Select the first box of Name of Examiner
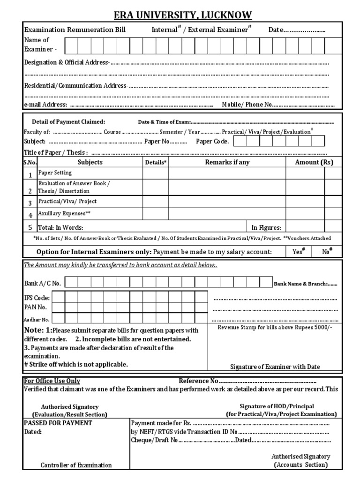[71, 46]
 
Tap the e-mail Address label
[45, 105]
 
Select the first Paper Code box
[240, 141]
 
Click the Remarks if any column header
[227, 162]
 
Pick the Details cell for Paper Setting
[155, 173]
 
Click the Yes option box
[299, 252]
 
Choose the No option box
[327, 252]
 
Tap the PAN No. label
[35, 307]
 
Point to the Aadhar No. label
[37, 319]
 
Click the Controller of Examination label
[76, 465]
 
